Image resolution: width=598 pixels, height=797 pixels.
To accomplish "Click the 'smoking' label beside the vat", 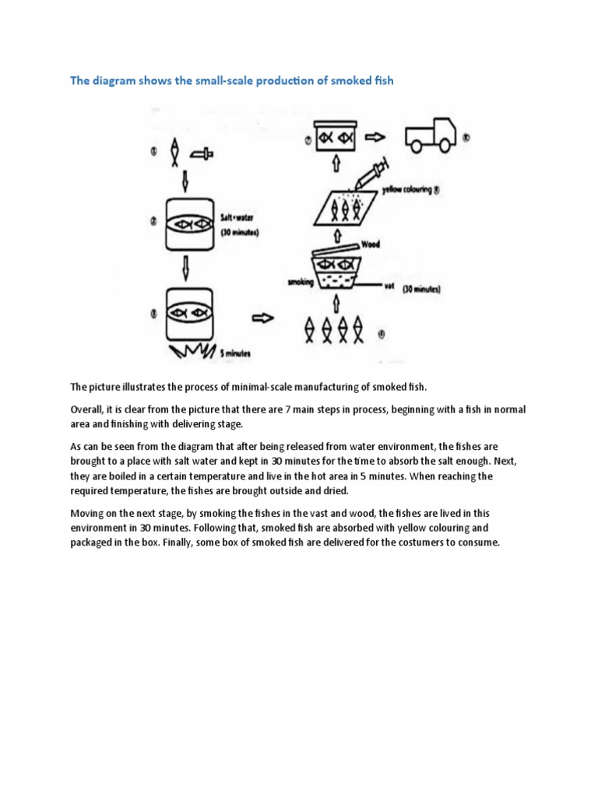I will [301, 283].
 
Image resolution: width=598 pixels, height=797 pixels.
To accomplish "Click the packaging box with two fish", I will [336, 138].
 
